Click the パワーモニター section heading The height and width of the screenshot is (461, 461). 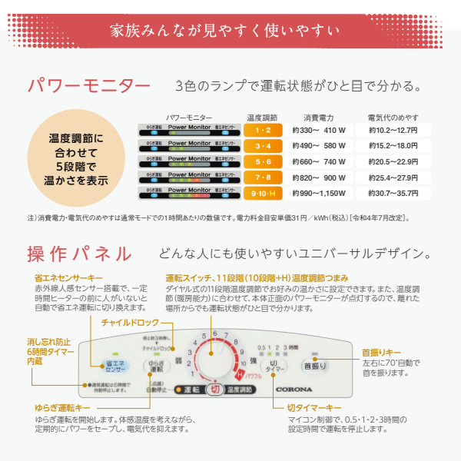coord(88,85)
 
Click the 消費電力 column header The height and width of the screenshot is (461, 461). coord(319,118)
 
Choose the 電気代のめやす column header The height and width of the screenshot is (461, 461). coord(393,118)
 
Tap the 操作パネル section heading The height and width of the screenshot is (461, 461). coord(79,254)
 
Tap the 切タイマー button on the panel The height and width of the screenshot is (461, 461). coord(274,365)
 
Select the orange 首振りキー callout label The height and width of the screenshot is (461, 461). coord(382,353)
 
